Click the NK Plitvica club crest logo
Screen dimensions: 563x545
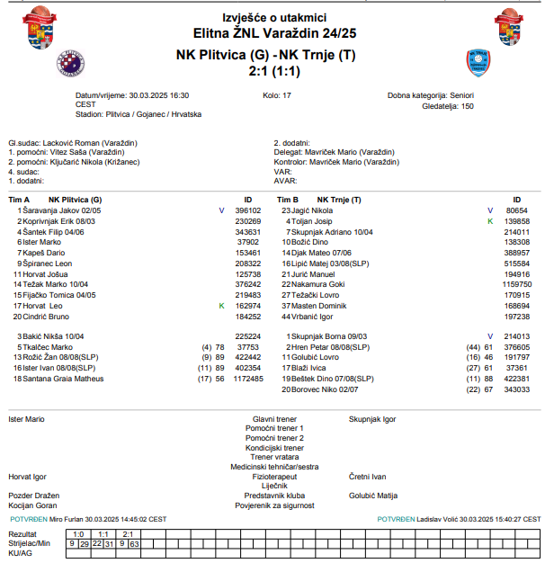click(x=71, y=63)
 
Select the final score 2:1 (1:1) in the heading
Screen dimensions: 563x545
click(x=274, y=70)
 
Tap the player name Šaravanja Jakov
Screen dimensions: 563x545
click(x=50, y=210)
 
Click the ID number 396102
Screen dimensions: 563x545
click(x=247, y=210)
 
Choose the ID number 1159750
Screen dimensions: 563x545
click(x=516, y=284)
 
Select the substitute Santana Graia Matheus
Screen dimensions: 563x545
click(x=63, y=379)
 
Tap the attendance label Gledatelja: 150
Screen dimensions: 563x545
click(x=442, y=105)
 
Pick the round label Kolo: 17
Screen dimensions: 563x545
click(x=276, y=94)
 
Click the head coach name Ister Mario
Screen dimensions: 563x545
click(x=26, y=419)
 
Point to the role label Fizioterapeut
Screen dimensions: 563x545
click(x=274, y=476)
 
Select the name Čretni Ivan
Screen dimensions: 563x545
click(x=367, y=476)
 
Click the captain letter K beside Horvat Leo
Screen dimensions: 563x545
click(x=221, y=306)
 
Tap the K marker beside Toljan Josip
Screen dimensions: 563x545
click(x=490, y=220)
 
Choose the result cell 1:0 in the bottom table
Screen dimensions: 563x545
click(x=78, y=534)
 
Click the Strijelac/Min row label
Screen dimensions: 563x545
click(x=29, y=543)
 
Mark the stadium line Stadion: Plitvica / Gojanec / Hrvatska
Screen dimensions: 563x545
click(x=138, y=114)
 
